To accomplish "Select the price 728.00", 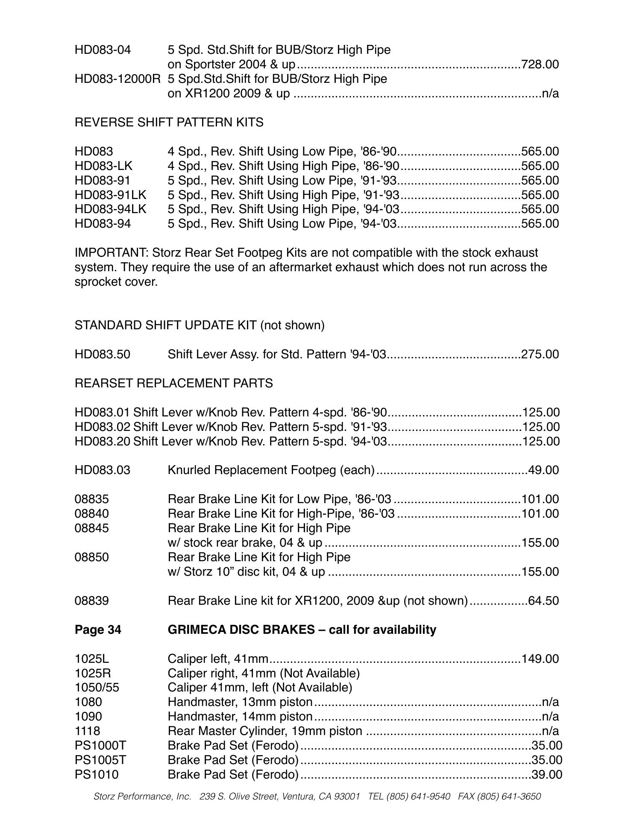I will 540,64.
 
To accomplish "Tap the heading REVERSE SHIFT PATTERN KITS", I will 169,123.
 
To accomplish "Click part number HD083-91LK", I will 110,195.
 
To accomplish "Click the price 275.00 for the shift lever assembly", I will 540,354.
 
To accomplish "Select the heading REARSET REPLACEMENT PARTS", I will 173,384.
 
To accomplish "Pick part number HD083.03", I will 103,470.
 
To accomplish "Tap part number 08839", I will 91,601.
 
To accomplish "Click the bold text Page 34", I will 98,630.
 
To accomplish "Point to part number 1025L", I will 92,659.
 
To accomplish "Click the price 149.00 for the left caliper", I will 540,659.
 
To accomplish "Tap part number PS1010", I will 97,775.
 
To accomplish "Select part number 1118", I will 87,731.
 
